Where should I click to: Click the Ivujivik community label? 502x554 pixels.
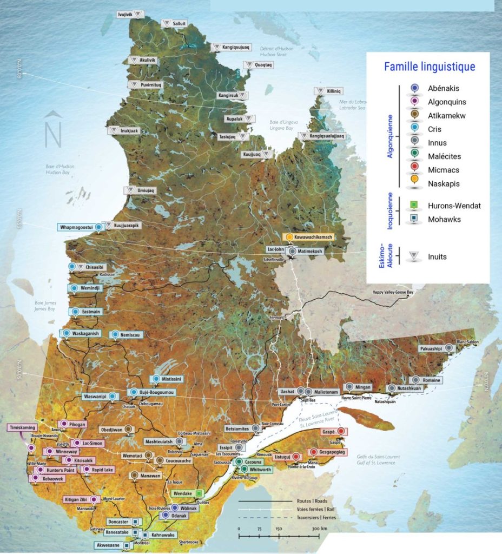125,14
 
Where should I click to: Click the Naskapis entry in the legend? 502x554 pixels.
443,184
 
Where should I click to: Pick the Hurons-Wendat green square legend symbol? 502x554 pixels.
414,206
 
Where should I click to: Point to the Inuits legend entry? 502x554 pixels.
437,256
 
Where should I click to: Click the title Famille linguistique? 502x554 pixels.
429,67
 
